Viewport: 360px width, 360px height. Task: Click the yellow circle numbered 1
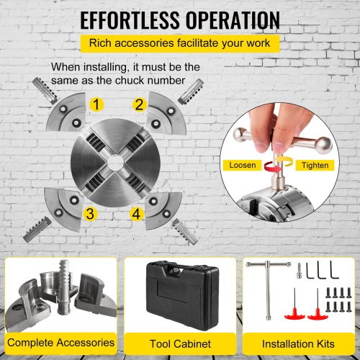[x=96, y=104]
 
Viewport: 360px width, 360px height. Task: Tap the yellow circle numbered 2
[x=140, y=104]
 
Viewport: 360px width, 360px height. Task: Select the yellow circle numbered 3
[x=90, y=213]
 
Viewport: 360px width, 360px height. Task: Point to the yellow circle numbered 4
[x=136, y=214]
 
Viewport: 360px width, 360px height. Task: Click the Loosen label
[x=242, y=165]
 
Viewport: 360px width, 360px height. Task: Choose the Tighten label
[x=315, y=166]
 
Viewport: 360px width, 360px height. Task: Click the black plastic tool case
[x=183, y=296]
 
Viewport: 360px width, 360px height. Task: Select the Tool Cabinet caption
[x=180, y=343]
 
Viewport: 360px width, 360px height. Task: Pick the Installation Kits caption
[x=298, y=343]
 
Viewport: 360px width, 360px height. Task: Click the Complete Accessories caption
[x=60, y=343]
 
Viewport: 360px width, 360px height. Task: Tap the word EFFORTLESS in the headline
[x=130, y=20]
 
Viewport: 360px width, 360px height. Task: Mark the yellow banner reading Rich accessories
[x=180, y=43]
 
